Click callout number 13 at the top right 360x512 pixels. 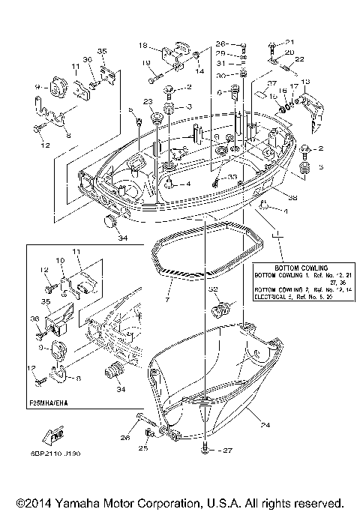[304, 81]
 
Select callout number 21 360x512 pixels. [290, 42]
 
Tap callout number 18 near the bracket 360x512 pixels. [143, 46]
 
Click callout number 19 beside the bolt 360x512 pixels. [147, 61]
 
